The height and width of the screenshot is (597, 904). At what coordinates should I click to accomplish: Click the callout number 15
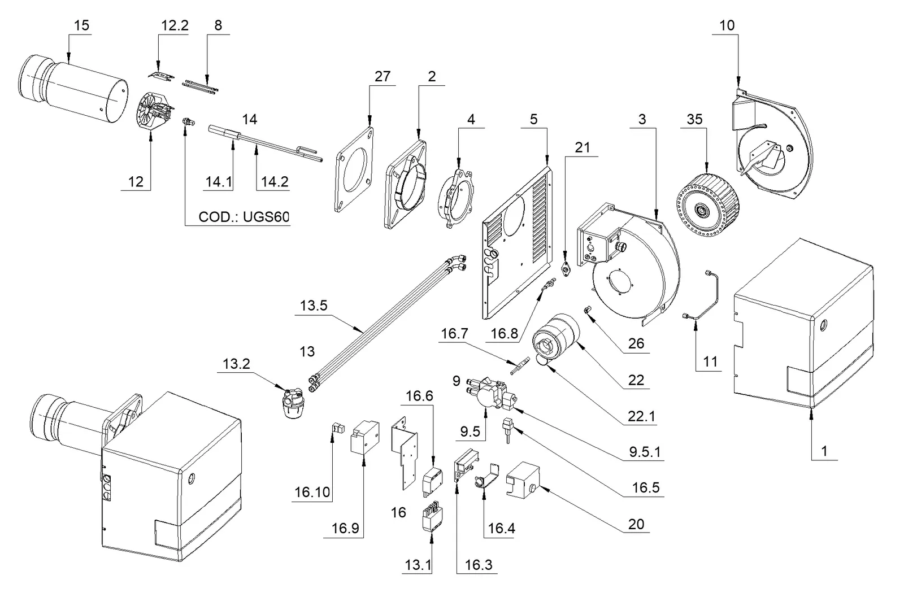click(81, 25)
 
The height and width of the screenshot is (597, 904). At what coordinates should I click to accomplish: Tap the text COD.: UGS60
click(244, 217)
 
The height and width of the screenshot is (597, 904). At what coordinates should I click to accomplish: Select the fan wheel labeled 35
click(707, 204)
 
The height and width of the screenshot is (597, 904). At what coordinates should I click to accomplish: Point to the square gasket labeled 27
click(354, 169)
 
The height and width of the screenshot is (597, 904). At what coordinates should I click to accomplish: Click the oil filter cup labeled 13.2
click(293, 403)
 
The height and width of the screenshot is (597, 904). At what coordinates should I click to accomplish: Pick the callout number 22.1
click(642, 416)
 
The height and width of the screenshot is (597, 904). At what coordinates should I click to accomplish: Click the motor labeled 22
click(556, 337)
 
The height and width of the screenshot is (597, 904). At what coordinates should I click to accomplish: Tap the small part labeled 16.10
click(338, 428)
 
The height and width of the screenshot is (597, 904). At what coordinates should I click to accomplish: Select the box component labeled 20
click(522, 480)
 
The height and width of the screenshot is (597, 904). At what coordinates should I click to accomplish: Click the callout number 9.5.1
click(645, 452)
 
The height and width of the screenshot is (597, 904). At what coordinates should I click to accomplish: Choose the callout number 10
click(727, 25)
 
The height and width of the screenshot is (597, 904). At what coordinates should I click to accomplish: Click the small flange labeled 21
click(566, 269)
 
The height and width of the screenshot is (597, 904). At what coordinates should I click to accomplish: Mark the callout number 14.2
click(275, 182)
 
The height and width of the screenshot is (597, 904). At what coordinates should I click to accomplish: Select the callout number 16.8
click(504, 333)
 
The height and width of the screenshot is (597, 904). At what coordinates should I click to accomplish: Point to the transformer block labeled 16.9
click(365, 438)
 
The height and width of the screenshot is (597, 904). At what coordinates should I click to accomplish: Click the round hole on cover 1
click(823, 325)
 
